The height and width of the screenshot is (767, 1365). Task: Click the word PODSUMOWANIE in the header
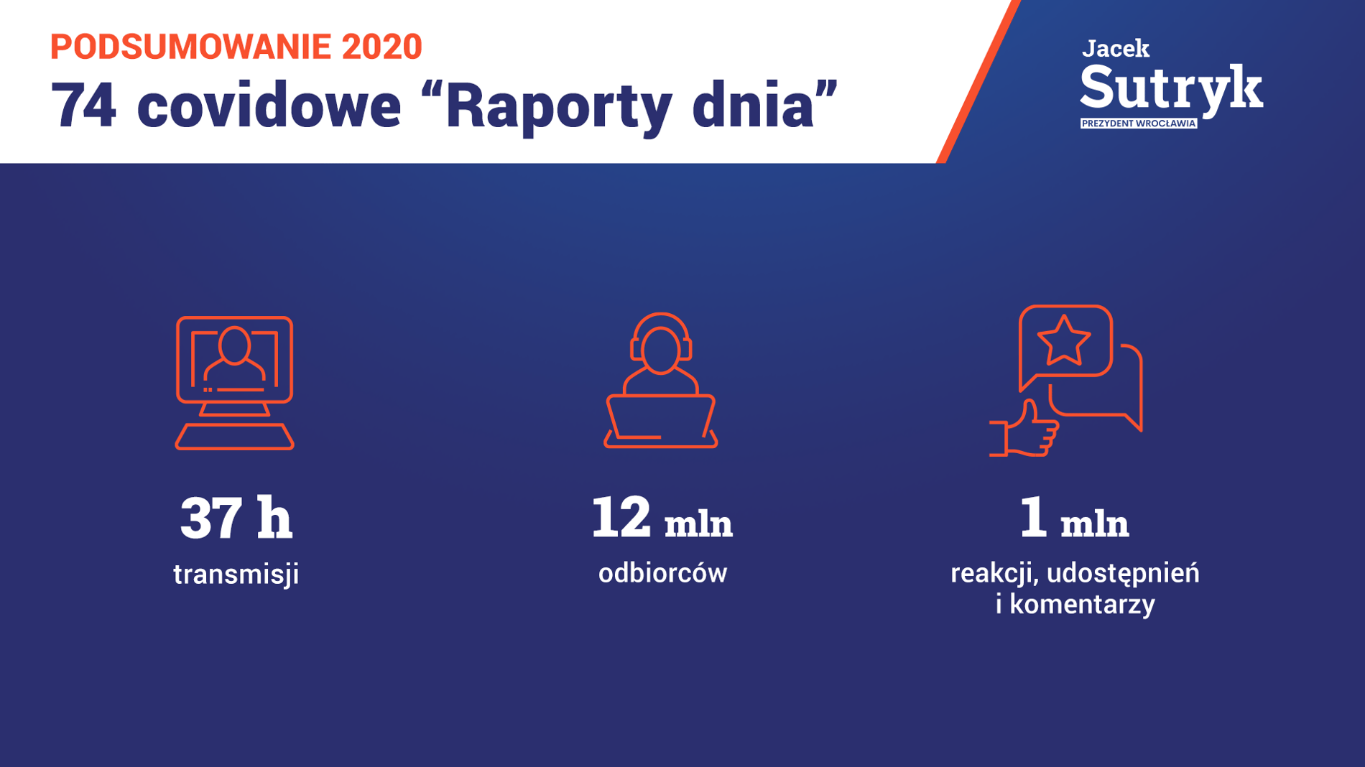pyautogui.click(x=190, y=47)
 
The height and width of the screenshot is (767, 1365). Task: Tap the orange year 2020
pyautogui.click(x=381, y=47)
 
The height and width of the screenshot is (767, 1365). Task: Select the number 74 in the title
pyautogui.click(x=83, y=106)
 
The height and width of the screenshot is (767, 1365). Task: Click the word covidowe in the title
pyautogui.click(x=269, y=105)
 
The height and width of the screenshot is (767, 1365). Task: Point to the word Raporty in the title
pyautogui.click(x=559, y=108)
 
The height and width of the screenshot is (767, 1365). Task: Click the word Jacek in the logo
pyautogui.click(x=1116, y=49)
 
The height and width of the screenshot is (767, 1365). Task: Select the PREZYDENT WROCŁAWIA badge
pyautogui.click(x=1139, y=124)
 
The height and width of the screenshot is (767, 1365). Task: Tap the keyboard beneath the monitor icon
pyautogui.click(x=235, y=437)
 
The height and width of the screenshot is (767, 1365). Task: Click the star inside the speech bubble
pyautogui.click(x=1064, y=340)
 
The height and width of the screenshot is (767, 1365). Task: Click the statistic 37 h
pyautogui.click(x=236, y=518)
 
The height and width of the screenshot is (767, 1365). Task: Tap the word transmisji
pyautogui.click(x=236, y=575)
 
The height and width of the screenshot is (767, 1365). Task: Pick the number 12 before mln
pyautogui.click(x=621, y=517)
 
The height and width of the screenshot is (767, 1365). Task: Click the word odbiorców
pyautogui.click(x=662, y=573)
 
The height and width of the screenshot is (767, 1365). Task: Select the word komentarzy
pyautogui.click(x=1082, y=605)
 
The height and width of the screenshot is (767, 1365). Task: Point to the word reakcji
pyautogui.click(x=994, y=574)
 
